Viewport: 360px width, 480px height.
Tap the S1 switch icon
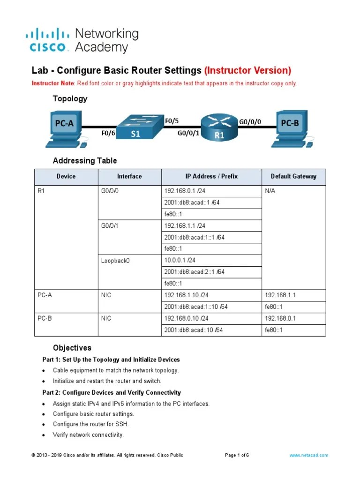click(x=135, y=127)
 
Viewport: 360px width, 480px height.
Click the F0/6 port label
click(x=108, y=133)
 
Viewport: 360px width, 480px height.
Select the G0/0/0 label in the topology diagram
click(x=250, y=122)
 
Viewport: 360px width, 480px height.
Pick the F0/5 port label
click(x=172, y=121)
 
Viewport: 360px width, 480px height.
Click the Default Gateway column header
click(x=293, y=177)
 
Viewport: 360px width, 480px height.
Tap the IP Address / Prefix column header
click(x=211, y=177)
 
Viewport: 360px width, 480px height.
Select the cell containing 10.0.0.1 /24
click(x=180, y=260)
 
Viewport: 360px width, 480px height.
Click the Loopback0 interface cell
click(x=115, y=261)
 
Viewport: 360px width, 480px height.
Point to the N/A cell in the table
click(x=270, y=191)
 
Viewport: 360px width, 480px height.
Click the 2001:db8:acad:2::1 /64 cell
click(x=194, y=272)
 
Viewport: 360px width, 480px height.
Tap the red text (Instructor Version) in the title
click(x=247, y=70)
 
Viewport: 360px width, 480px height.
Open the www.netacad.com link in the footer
click(x=308, y=455)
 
